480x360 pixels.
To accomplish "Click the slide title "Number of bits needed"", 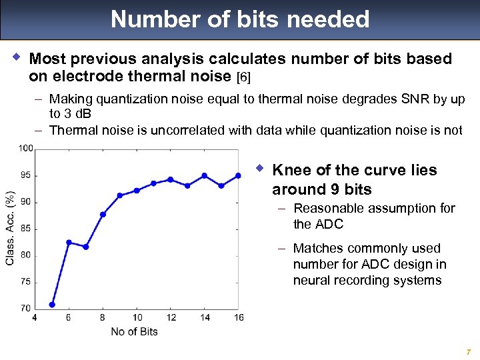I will (x=240, y=19).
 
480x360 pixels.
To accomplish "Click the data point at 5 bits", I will (x=52, y=305).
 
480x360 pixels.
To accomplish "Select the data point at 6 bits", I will (x=69, y=242).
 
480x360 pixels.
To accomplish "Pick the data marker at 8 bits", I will (x=103, y=214).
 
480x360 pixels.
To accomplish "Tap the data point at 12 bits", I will (x=171, y=179).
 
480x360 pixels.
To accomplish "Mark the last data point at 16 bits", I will (x=238, y=175).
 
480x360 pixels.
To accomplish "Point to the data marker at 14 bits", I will (x=204, y=175).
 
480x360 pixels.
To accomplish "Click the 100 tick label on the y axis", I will (x=25, y=149).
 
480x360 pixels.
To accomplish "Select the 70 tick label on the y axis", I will (x=25, y=308).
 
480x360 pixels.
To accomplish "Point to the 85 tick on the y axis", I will (x=25, y=229).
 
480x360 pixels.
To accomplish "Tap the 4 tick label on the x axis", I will (x=35, y=317).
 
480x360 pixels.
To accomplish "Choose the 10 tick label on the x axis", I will (x=137, y=317).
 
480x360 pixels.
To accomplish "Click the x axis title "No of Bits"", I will (x=133, y=331).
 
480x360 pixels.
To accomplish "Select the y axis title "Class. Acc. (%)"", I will (x=10, y=228).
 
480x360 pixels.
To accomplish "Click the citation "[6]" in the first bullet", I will (x=244, y=77).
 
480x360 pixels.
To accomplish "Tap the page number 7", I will (x=469, y=351).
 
